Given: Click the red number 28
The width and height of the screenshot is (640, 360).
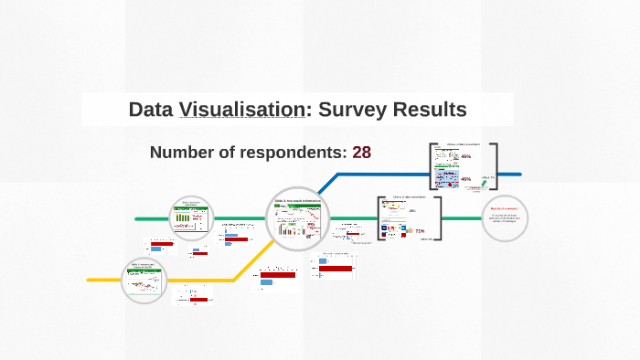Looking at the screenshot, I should click(x=361, y=152).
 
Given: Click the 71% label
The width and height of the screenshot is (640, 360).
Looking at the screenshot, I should click(x=420, y=231).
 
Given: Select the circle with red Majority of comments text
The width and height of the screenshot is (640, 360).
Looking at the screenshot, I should click(x=505, y=218).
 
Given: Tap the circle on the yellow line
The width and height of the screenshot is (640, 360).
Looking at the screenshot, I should click(x=146, y=281).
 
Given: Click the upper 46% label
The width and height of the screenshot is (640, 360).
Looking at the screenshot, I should click(x=466, y=157).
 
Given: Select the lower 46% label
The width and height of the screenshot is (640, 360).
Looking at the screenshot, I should click(x=466, y=179).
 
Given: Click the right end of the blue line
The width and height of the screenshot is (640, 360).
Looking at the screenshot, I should click(x=519, y=174).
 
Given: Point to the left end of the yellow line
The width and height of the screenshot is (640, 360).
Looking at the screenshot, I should click(x=89, y=280).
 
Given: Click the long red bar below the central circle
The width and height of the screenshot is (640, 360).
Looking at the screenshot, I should click(x=278, y=274).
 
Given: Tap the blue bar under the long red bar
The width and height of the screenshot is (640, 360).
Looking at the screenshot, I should click(x=266, y=282).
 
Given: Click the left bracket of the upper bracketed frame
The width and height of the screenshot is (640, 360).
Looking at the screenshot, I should click(x=431, y=167).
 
